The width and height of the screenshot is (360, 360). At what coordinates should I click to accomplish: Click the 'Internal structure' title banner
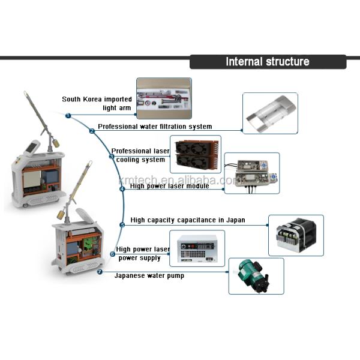click(268, 62)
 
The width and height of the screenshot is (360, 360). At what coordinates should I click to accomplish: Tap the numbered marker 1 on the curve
click(68, 115)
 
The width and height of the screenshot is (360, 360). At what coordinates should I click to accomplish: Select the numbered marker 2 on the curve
click(92, 130)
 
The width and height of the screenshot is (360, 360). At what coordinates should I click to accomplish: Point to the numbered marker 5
click(122, 225)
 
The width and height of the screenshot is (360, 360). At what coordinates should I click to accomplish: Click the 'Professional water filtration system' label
click(155, 127)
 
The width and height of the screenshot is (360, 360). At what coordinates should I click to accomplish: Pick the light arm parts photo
click(164, 98)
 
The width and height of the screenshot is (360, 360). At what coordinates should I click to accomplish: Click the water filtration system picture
click(270, 113)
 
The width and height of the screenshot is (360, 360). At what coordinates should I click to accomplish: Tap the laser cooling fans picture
click(195, 155)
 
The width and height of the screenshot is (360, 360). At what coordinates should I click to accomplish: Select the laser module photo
click(252, 173)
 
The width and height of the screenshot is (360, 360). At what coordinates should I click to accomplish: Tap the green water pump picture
click(256, 275)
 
